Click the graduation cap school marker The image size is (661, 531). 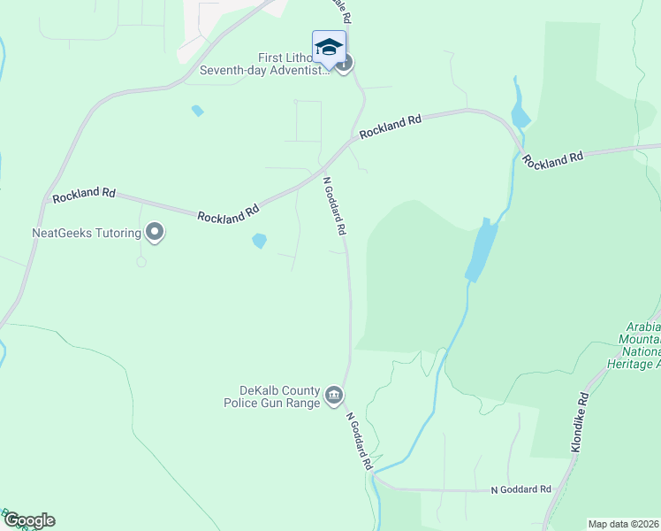click(329, 48)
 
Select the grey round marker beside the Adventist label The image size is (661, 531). click(346, 63)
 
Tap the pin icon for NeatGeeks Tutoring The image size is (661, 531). click(156, 233)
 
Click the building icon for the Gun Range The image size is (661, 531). click(334, 395)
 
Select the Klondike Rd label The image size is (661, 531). click(579, 423)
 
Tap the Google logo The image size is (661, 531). click(28, 520)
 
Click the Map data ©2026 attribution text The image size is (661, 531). click(623, 524)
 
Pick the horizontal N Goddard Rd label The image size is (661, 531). click(520, 489)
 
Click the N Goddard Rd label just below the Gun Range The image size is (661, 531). click(358, 441)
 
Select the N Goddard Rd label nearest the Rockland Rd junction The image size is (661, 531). click(334, 205)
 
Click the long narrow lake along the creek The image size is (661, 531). click(482, 250)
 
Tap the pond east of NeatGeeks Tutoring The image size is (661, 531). click(260, 240)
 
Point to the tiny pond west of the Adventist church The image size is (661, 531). click(197, 111)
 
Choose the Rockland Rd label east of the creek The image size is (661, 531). click(552, 159)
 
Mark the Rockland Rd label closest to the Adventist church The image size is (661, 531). click(390, 126)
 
